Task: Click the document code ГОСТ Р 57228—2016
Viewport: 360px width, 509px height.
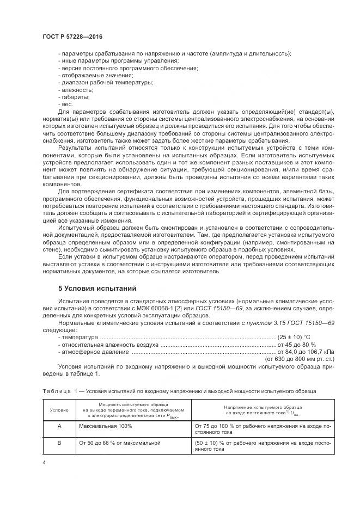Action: point(72,36)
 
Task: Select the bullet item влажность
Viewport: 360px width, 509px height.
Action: point(72,89)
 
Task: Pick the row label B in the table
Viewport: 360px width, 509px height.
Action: point(59,444)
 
